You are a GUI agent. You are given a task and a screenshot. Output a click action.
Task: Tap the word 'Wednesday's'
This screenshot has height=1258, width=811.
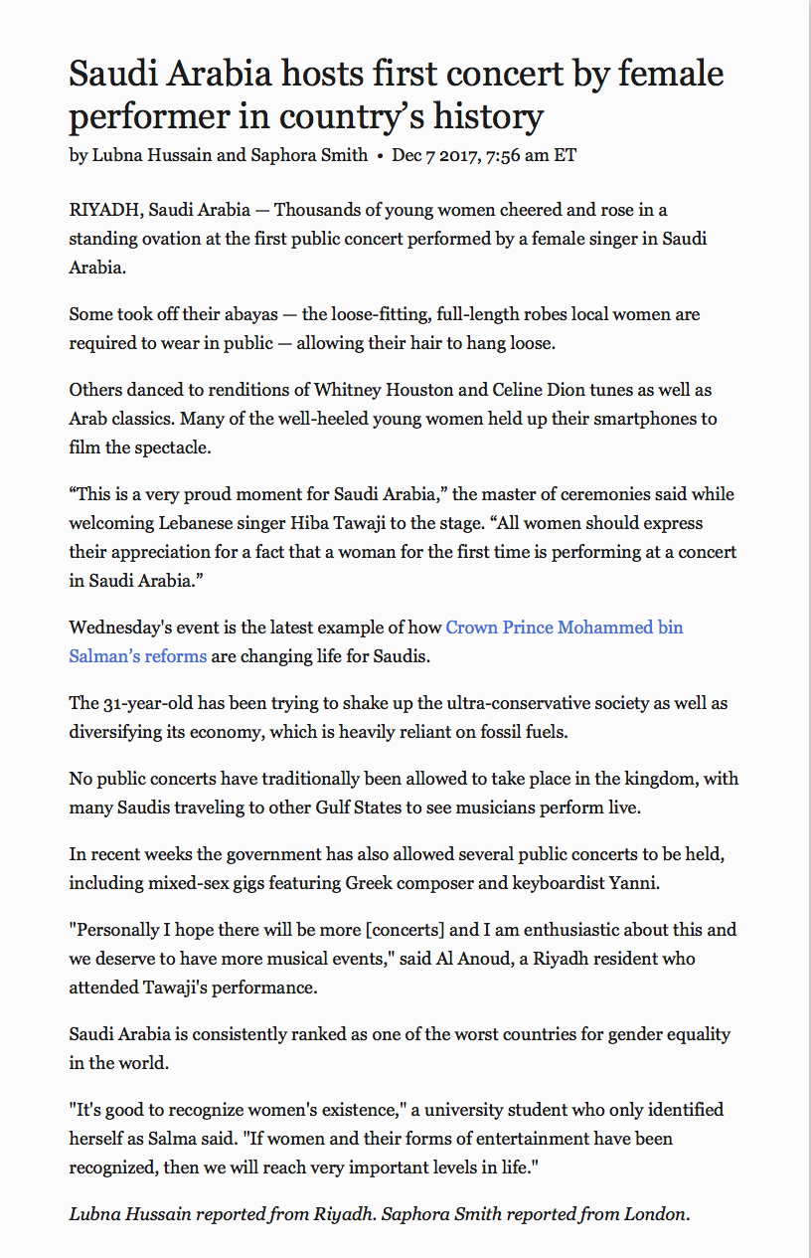(116, 628)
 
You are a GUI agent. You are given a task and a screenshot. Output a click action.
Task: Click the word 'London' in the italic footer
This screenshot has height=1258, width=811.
(656, 1213)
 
